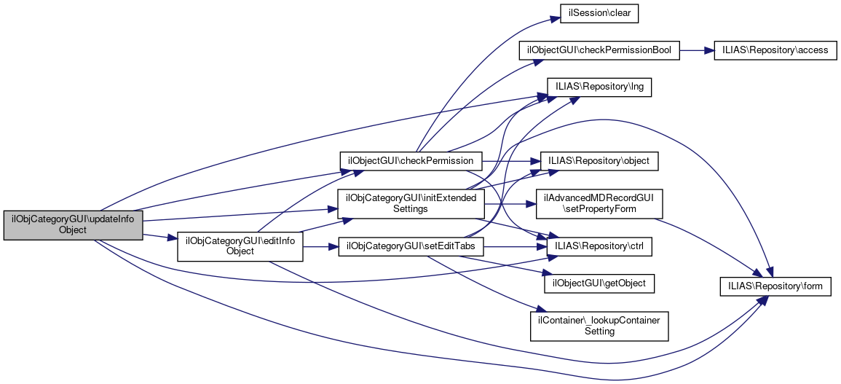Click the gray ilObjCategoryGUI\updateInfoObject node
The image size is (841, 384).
click(73, 224)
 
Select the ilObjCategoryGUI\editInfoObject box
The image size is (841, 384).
click(240, 246)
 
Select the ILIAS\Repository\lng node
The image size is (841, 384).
click(599, 86)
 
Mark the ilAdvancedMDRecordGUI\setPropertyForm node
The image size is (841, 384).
click(599, 203)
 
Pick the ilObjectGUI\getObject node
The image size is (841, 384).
click(599, 282)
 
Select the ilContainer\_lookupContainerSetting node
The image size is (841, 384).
click(599, 325)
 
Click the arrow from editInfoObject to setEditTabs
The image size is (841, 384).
click(320, 246)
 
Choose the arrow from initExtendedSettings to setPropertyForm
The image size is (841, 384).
click(510, 203)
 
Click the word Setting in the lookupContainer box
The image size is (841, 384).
click(599, 331)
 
